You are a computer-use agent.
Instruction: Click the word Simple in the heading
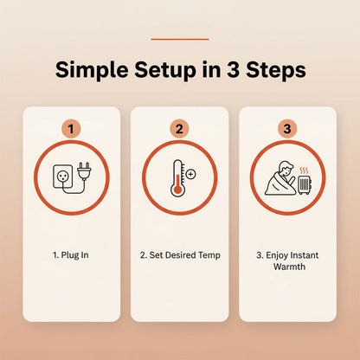click(x=92, y=71)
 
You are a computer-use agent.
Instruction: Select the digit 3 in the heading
click(x=233, y=70)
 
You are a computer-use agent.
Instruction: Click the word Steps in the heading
click(x=276, y=71)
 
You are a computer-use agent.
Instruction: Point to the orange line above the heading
click(x=180, y=39)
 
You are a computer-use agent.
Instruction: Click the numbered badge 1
click(x=71, y=129)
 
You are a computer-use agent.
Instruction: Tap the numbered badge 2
click(x=179, y=129)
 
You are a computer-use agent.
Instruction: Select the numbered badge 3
click(x=287, y=129)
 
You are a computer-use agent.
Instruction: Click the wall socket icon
click(x=62, y=177)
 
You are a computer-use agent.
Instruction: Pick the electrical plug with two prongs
click(x=84, y=170)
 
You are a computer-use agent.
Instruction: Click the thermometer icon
click(x=177, y=178)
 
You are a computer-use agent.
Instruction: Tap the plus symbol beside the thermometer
click(x=191, y=174)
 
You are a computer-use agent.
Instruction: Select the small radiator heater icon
click(x=305, y=185)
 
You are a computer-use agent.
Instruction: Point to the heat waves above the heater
click(x=305, y=170)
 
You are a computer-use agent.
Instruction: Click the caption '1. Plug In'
click(x=71, y=255)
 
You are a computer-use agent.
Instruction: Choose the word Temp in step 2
click(x=209, y=255)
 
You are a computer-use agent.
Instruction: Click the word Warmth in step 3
click(x=289, y=267)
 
